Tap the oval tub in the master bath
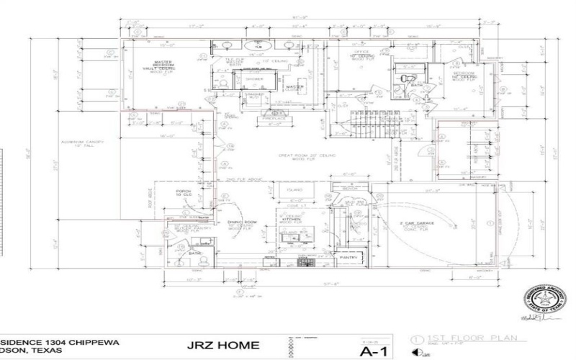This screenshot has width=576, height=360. [257, 48]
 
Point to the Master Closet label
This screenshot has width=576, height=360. [296, 87]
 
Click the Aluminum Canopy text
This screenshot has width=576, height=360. [84, 143]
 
